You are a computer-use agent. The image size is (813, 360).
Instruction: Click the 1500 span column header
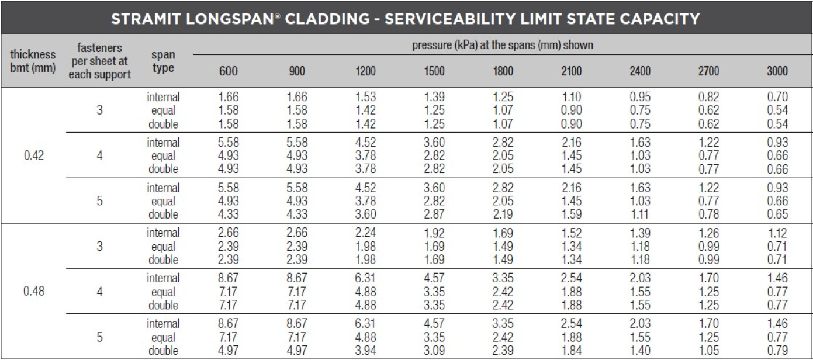434,71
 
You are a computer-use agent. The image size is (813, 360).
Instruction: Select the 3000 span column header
777,71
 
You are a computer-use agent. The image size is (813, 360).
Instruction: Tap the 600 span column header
229,71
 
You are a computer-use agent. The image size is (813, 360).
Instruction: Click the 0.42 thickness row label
33,156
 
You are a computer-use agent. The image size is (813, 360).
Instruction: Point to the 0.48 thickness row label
33,292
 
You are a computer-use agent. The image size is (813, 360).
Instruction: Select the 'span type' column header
163,61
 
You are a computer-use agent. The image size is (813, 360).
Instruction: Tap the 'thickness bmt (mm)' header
33,61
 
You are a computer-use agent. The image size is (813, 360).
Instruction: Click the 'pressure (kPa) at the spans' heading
502,45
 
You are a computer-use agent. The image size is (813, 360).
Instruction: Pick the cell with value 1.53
365,97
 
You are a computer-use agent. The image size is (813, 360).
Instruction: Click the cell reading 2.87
434,214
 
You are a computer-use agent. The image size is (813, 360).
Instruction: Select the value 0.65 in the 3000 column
777,214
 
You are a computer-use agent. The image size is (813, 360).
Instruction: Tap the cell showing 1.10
571,97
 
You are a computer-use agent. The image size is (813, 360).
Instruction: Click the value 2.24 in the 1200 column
365,233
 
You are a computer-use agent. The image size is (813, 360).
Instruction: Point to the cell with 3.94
365,351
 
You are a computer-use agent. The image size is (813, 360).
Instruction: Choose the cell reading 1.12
777,233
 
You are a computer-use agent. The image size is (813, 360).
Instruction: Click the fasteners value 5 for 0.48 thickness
99,337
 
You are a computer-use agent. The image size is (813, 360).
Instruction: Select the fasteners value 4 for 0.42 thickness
99,156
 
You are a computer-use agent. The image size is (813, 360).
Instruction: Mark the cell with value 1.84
571,351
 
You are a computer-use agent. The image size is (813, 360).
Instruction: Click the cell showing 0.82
708,97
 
